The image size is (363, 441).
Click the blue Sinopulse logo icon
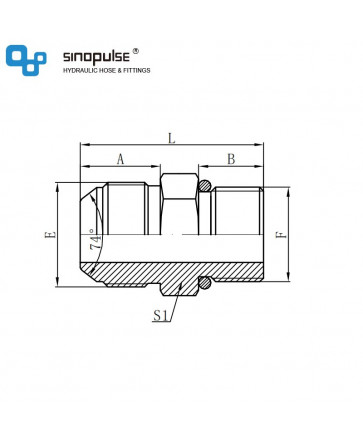pos(26,60)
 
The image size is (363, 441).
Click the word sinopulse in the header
pos(96,57)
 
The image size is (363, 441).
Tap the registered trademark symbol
pos(136,51)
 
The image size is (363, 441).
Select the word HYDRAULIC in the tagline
pos(79,70)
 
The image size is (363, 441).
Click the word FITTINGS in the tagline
pos(137,70)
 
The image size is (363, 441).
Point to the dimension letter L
pos(171,138)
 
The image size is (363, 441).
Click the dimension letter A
pos(120,159)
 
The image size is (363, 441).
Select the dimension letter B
pos(231,159)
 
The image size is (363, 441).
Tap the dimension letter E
pos(50,235)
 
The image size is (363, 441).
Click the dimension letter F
pos(281,235)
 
